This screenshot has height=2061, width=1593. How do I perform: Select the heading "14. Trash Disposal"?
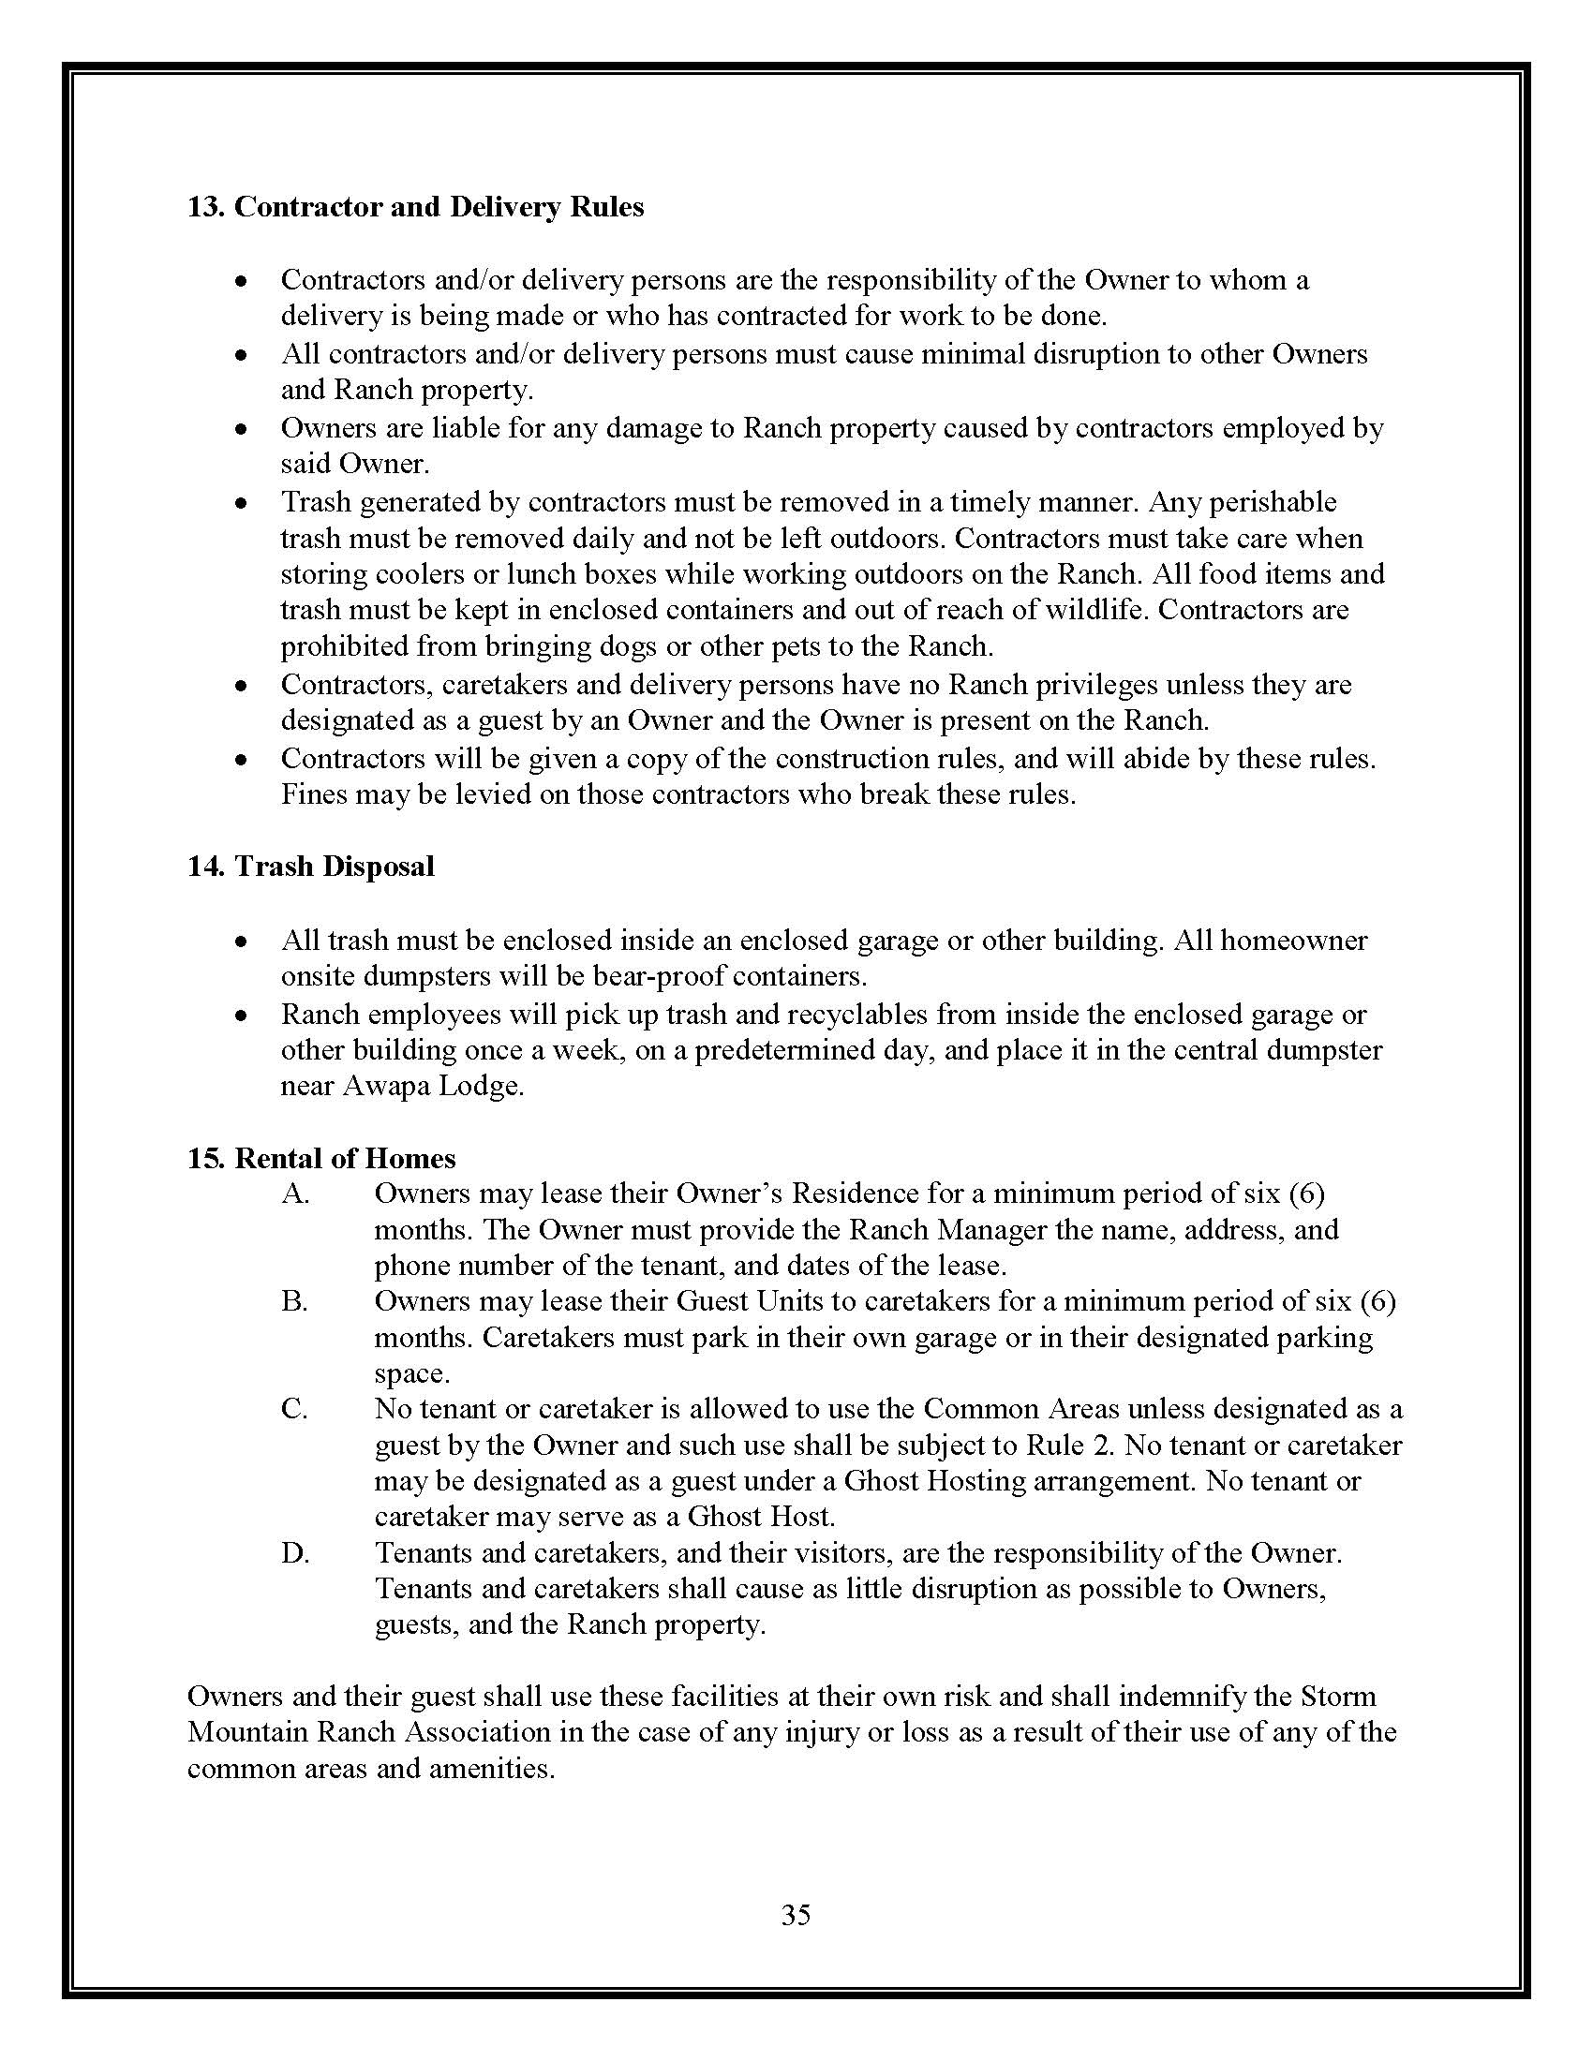[310, 867]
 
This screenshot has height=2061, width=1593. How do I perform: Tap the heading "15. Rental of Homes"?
[320, 1158]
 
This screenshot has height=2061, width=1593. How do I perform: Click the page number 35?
[796, 1915]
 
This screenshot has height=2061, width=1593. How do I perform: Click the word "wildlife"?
[1094, 610]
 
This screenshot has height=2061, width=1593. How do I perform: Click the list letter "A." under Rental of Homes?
[295, 1194]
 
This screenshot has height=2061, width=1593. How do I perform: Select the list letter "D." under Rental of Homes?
[295, 1553]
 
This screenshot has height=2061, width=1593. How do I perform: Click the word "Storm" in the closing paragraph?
[1338, 1697]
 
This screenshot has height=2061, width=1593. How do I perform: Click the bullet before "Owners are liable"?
[242, 429]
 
